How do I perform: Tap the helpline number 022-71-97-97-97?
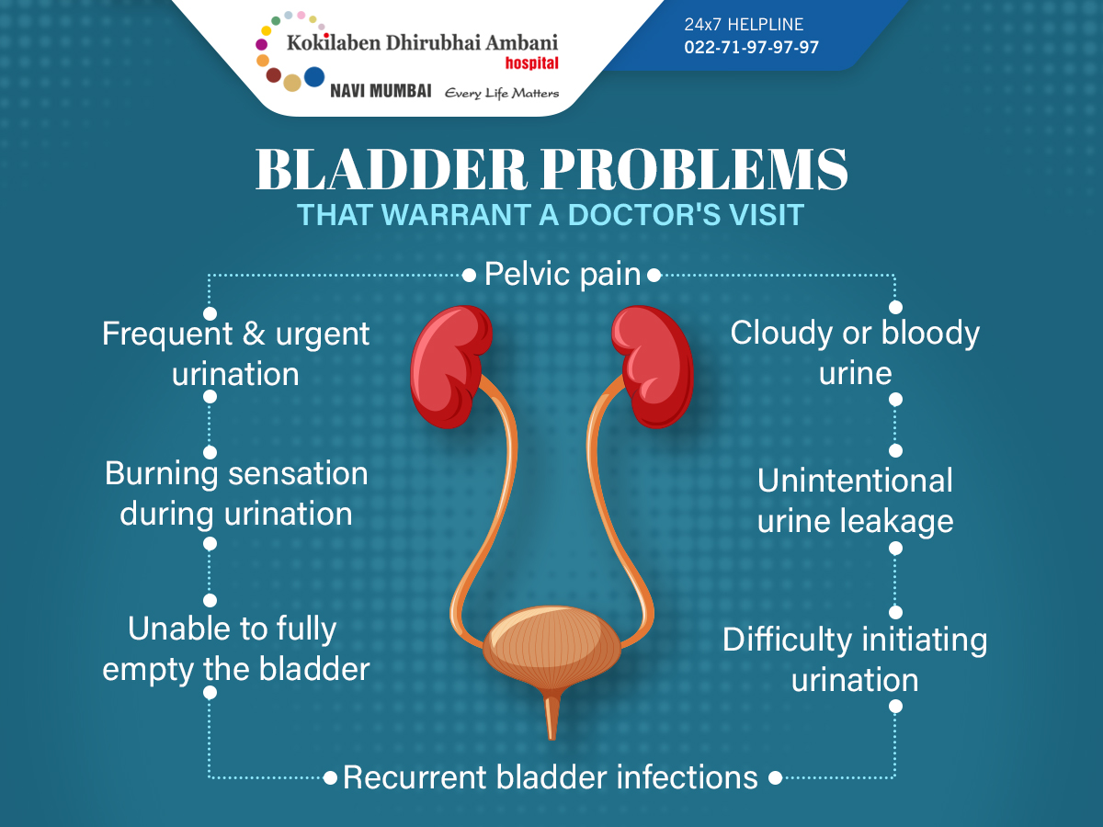coord(751,47)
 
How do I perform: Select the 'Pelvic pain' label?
coord(563,275)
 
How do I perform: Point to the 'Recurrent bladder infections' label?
coord(551,777)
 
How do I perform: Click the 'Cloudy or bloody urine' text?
coord(855,353)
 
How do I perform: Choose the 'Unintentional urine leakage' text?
coord(855,501)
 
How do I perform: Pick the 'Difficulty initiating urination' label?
coord(855,659)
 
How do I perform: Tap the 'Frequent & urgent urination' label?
coord(235,354)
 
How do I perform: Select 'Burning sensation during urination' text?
coord(236,494)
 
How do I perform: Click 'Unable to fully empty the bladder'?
coord(235,650)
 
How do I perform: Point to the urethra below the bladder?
coord(551,716)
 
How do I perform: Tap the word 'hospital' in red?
coord(531,63)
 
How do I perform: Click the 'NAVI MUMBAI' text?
coord(381,91)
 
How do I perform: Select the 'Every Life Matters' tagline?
coord(502,94)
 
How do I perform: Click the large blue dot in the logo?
coord(314,77)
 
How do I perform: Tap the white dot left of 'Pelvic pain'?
coord(469,275)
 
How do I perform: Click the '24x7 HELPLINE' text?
coord(744,24)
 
